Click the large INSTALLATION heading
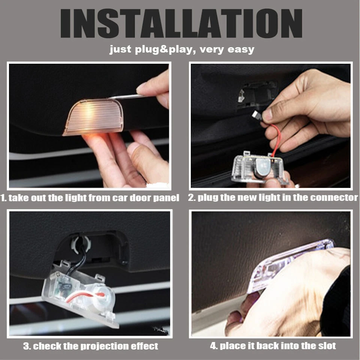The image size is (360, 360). point(181,23)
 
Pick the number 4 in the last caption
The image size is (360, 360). point(213,345)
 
